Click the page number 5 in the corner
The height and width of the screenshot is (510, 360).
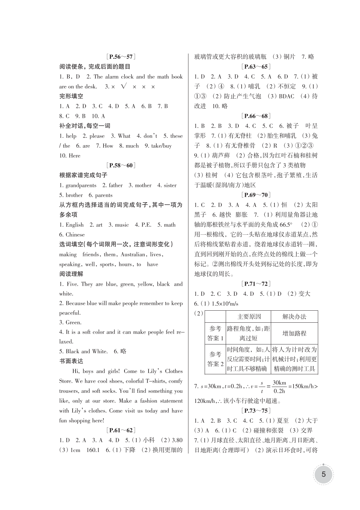click(x=323, y=474)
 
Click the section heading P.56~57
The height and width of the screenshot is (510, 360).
click(x=121, y=57)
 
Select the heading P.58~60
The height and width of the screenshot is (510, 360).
click(x=121, y=165)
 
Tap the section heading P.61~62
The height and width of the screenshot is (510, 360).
click(x=121, y=430)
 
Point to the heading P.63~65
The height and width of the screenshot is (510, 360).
click(x=256, y=67)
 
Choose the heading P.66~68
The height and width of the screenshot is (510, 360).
click(x=256, y=116)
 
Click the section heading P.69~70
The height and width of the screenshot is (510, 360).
click(x=256, y=195)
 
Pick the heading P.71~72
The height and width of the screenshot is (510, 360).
click(x=256, y=284)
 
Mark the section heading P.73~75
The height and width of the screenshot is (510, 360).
click(x=256, y=411)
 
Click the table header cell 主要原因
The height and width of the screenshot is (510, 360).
click(x=249, y=317)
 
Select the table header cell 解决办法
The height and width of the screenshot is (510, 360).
click(x=294, y=317)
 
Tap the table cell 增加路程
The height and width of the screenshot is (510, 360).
click(x=294, y=333)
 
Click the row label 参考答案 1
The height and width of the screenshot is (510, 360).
click(x=215, y=333)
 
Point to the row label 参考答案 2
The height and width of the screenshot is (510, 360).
click(x=215, y=359)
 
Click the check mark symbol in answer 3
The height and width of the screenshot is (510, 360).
click(x=123, y=86)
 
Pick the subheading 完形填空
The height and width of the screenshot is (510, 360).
click(x=71, y=96)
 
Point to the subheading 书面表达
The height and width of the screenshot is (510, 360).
click(x=71, y=361)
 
